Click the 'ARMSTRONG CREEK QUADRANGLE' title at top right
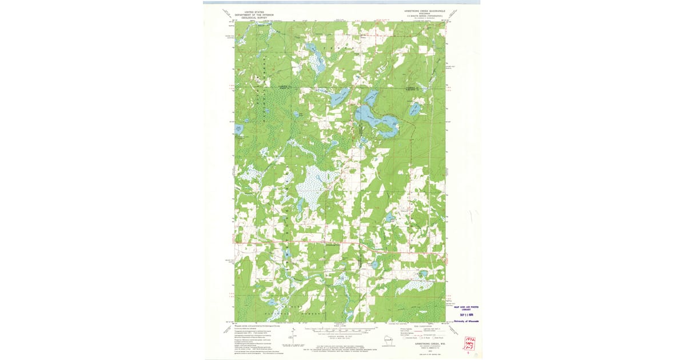point(424,11)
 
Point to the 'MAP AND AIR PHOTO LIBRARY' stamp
point(466,307)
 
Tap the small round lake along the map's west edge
point(239,129)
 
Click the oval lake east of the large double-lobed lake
point(415,109)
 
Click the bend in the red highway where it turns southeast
point(366,246)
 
